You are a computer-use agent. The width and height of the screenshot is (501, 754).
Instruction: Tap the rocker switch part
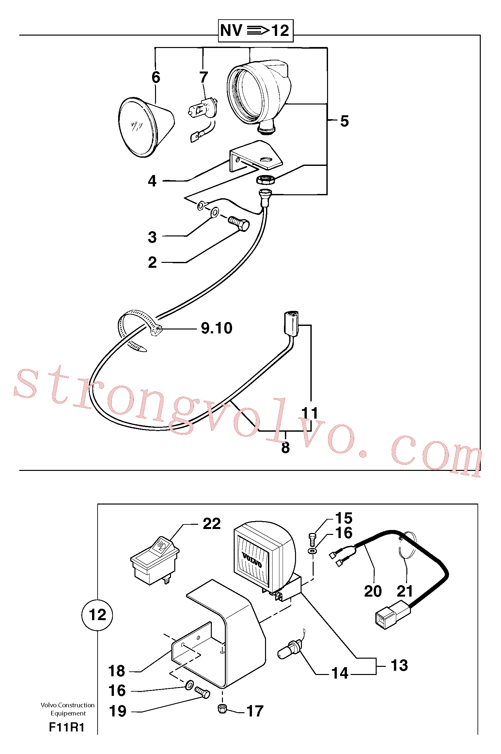(155, 560)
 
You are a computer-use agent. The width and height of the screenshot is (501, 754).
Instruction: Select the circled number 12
(97, 615)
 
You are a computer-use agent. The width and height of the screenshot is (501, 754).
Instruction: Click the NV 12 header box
(256, 31)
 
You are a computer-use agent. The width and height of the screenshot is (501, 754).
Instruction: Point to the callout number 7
(204, 77)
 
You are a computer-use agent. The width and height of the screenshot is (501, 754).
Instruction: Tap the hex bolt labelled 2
(239, 224)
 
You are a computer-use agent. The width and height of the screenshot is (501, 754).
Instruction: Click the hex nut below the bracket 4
(265, 180)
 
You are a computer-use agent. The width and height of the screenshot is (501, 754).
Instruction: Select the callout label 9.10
(217, 328)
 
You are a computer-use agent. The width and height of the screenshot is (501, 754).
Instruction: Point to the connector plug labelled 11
(291, 324)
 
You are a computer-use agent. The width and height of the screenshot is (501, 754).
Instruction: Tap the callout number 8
(286, 447)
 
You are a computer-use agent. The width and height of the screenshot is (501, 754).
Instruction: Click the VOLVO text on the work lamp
(252, 559)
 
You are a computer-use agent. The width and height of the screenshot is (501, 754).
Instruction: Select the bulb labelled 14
(289, 649)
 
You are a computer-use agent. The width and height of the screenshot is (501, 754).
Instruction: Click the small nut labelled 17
(222, 709)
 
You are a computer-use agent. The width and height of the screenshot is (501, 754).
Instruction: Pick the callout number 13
(399, 665)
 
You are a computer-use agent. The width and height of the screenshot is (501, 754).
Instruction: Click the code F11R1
(67, 727)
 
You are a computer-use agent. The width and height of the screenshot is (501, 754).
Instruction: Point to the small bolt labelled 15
(312, 540)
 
